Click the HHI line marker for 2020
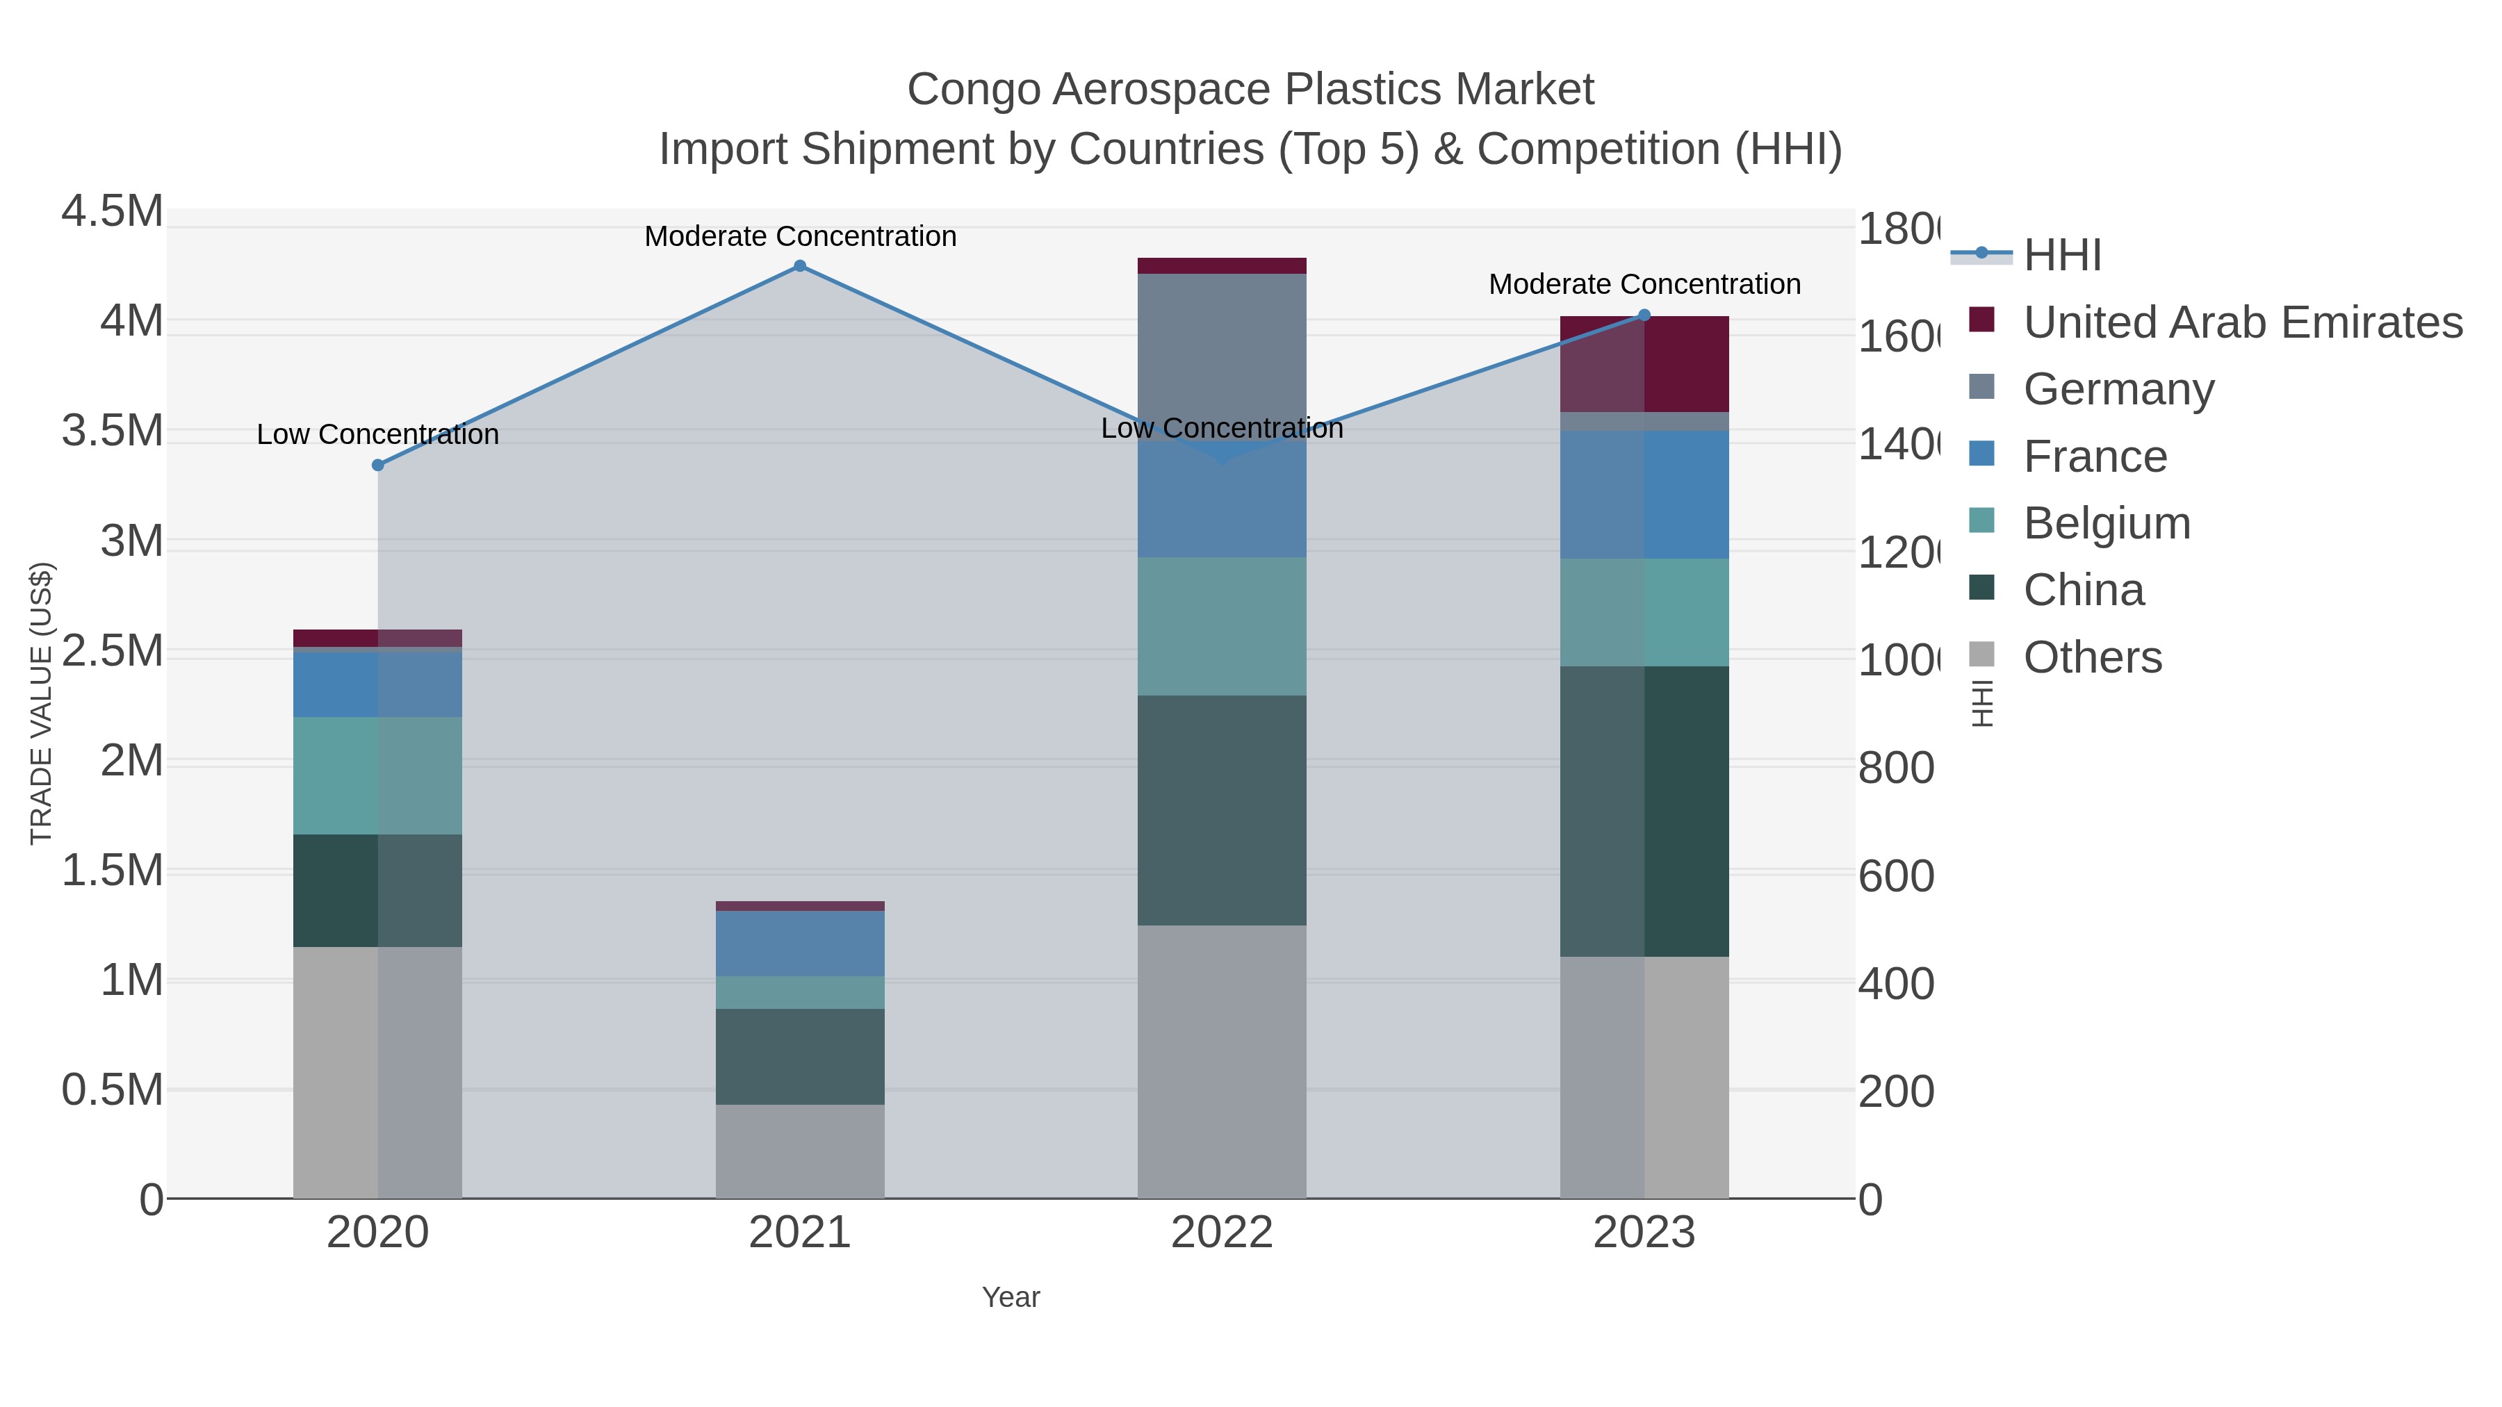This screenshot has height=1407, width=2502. point(378,465)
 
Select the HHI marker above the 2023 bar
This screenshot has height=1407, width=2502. point(1644,315)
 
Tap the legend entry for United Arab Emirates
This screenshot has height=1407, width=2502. point(2241,322)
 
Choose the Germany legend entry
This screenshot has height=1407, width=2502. point(2118,389)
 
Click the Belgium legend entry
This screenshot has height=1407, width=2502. point(2106,523)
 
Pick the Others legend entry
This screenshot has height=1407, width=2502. point(2091,657)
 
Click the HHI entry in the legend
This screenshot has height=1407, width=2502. point(2061,256)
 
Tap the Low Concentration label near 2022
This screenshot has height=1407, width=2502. point(1221,428)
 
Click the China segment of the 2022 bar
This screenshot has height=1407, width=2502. point(1221,810)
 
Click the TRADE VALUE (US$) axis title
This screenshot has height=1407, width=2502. point(41,703)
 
